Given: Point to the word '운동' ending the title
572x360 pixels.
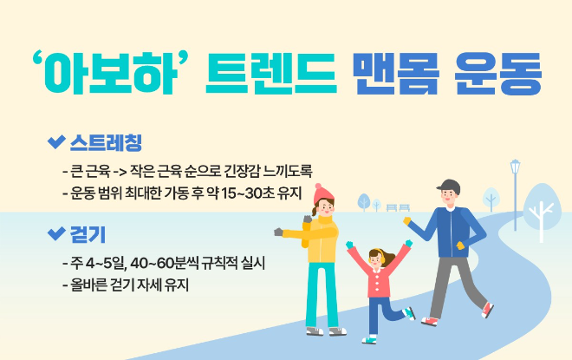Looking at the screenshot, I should point(497,75).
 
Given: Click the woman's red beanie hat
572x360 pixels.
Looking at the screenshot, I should point(322,192).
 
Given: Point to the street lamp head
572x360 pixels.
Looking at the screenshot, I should point(516,164).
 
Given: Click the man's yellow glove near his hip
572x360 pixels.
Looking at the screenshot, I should point(460,246).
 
